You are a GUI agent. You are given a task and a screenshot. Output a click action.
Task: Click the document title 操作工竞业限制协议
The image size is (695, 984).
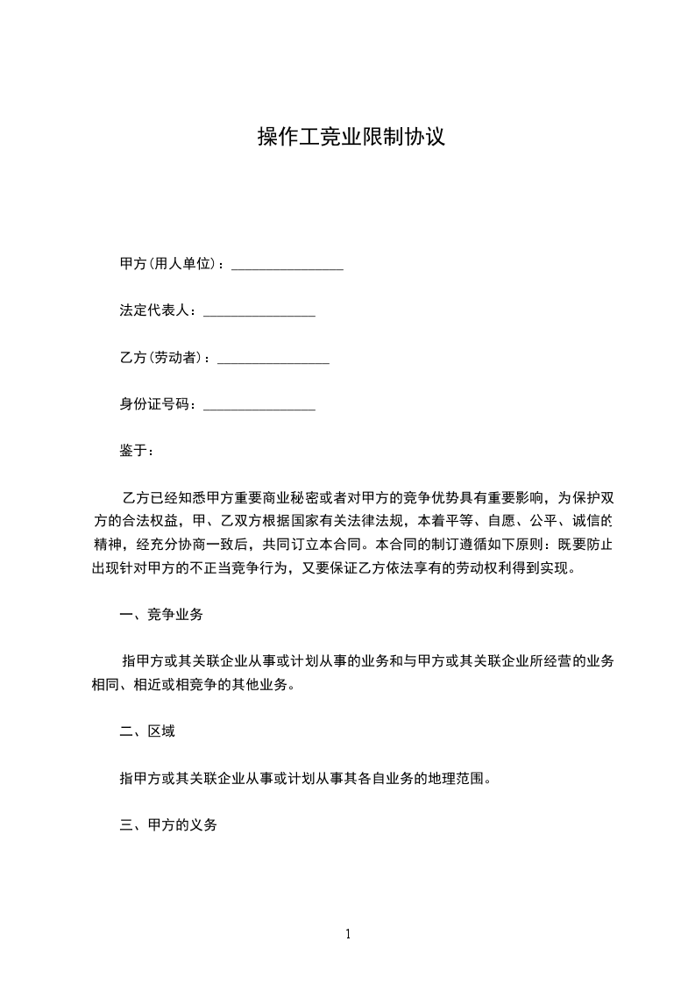[x=351, y=137]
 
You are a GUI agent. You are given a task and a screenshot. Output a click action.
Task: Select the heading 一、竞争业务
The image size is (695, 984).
[x=161, y=615]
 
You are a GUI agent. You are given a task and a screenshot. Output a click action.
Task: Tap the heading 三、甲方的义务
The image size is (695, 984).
[x=168, y=825]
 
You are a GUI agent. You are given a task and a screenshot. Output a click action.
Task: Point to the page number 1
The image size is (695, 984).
[x=348, y=934]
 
